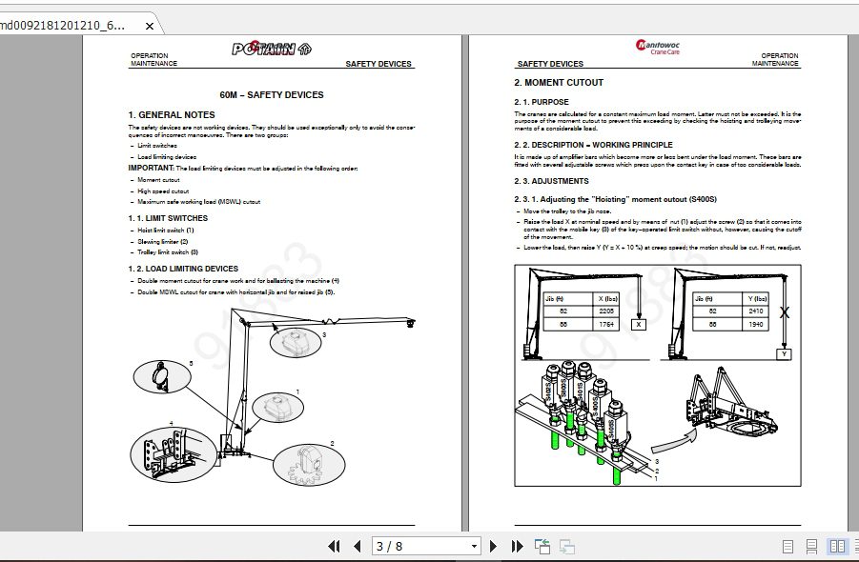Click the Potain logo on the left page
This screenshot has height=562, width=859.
coord(271,50)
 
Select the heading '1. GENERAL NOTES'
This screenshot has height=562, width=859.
coord(172,115)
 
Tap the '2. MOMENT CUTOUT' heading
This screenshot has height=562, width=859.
coord(559,83)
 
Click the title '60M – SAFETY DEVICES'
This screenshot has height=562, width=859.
coord(272,95)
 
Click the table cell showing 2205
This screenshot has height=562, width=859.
coord(607,311)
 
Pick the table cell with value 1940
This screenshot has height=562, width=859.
coord(757,324)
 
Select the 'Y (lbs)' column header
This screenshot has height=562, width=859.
coord(757,297)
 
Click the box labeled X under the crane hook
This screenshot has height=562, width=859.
coord(640,325)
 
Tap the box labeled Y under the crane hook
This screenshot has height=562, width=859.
coord(784,353)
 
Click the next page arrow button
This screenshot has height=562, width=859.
coord(493,546)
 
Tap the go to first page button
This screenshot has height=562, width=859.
coord(334,546)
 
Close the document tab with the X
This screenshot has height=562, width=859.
coord(150,26)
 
